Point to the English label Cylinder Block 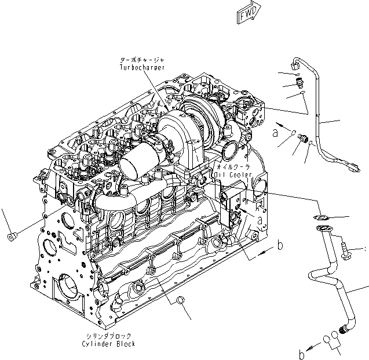pyautogui.click(x=109, y=344)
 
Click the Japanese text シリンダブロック pyautogui.click(x=109, y=336)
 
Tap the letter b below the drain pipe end pyautogui.click(x=302, y=353)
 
